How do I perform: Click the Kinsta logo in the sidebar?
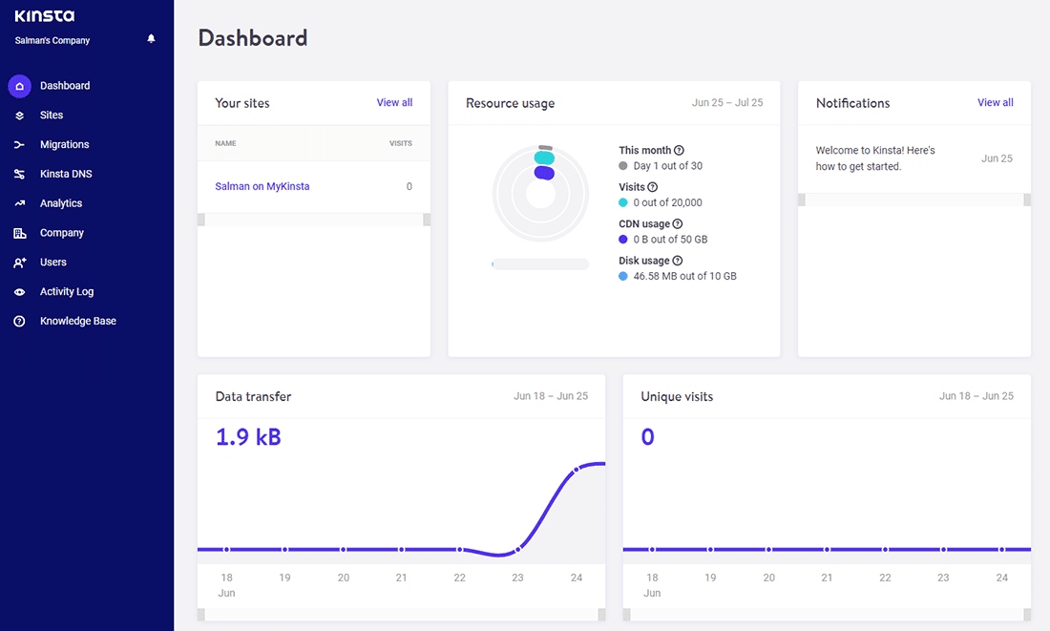tap(44, 16)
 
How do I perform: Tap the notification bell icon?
tap(151, 39)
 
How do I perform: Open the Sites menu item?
tap(52, 116)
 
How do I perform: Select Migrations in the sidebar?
tap(64, 145)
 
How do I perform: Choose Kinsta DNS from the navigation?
tap(66, 175)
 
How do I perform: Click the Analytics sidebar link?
tap(61, 203)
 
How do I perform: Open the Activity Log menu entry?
tap(67, 292)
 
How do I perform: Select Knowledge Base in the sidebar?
tap(77, 322)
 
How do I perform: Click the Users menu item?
tap(53, 263)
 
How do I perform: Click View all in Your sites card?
tap(394, 103)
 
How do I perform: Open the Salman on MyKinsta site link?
tap(262, 187)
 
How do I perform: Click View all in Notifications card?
tap(995, 103)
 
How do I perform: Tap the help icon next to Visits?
tap(652, 187)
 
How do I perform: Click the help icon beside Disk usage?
tap(678, 261)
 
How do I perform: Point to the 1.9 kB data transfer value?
tap(248, 437)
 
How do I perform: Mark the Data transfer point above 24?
tap(577, 470)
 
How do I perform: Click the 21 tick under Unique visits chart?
tap(827, 578)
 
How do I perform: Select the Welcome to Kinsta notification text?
tap(875, 158)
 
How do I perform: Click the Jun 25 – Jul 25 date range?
tap(726, 103)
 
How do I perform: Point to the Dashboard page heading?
tap(253, 38)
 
